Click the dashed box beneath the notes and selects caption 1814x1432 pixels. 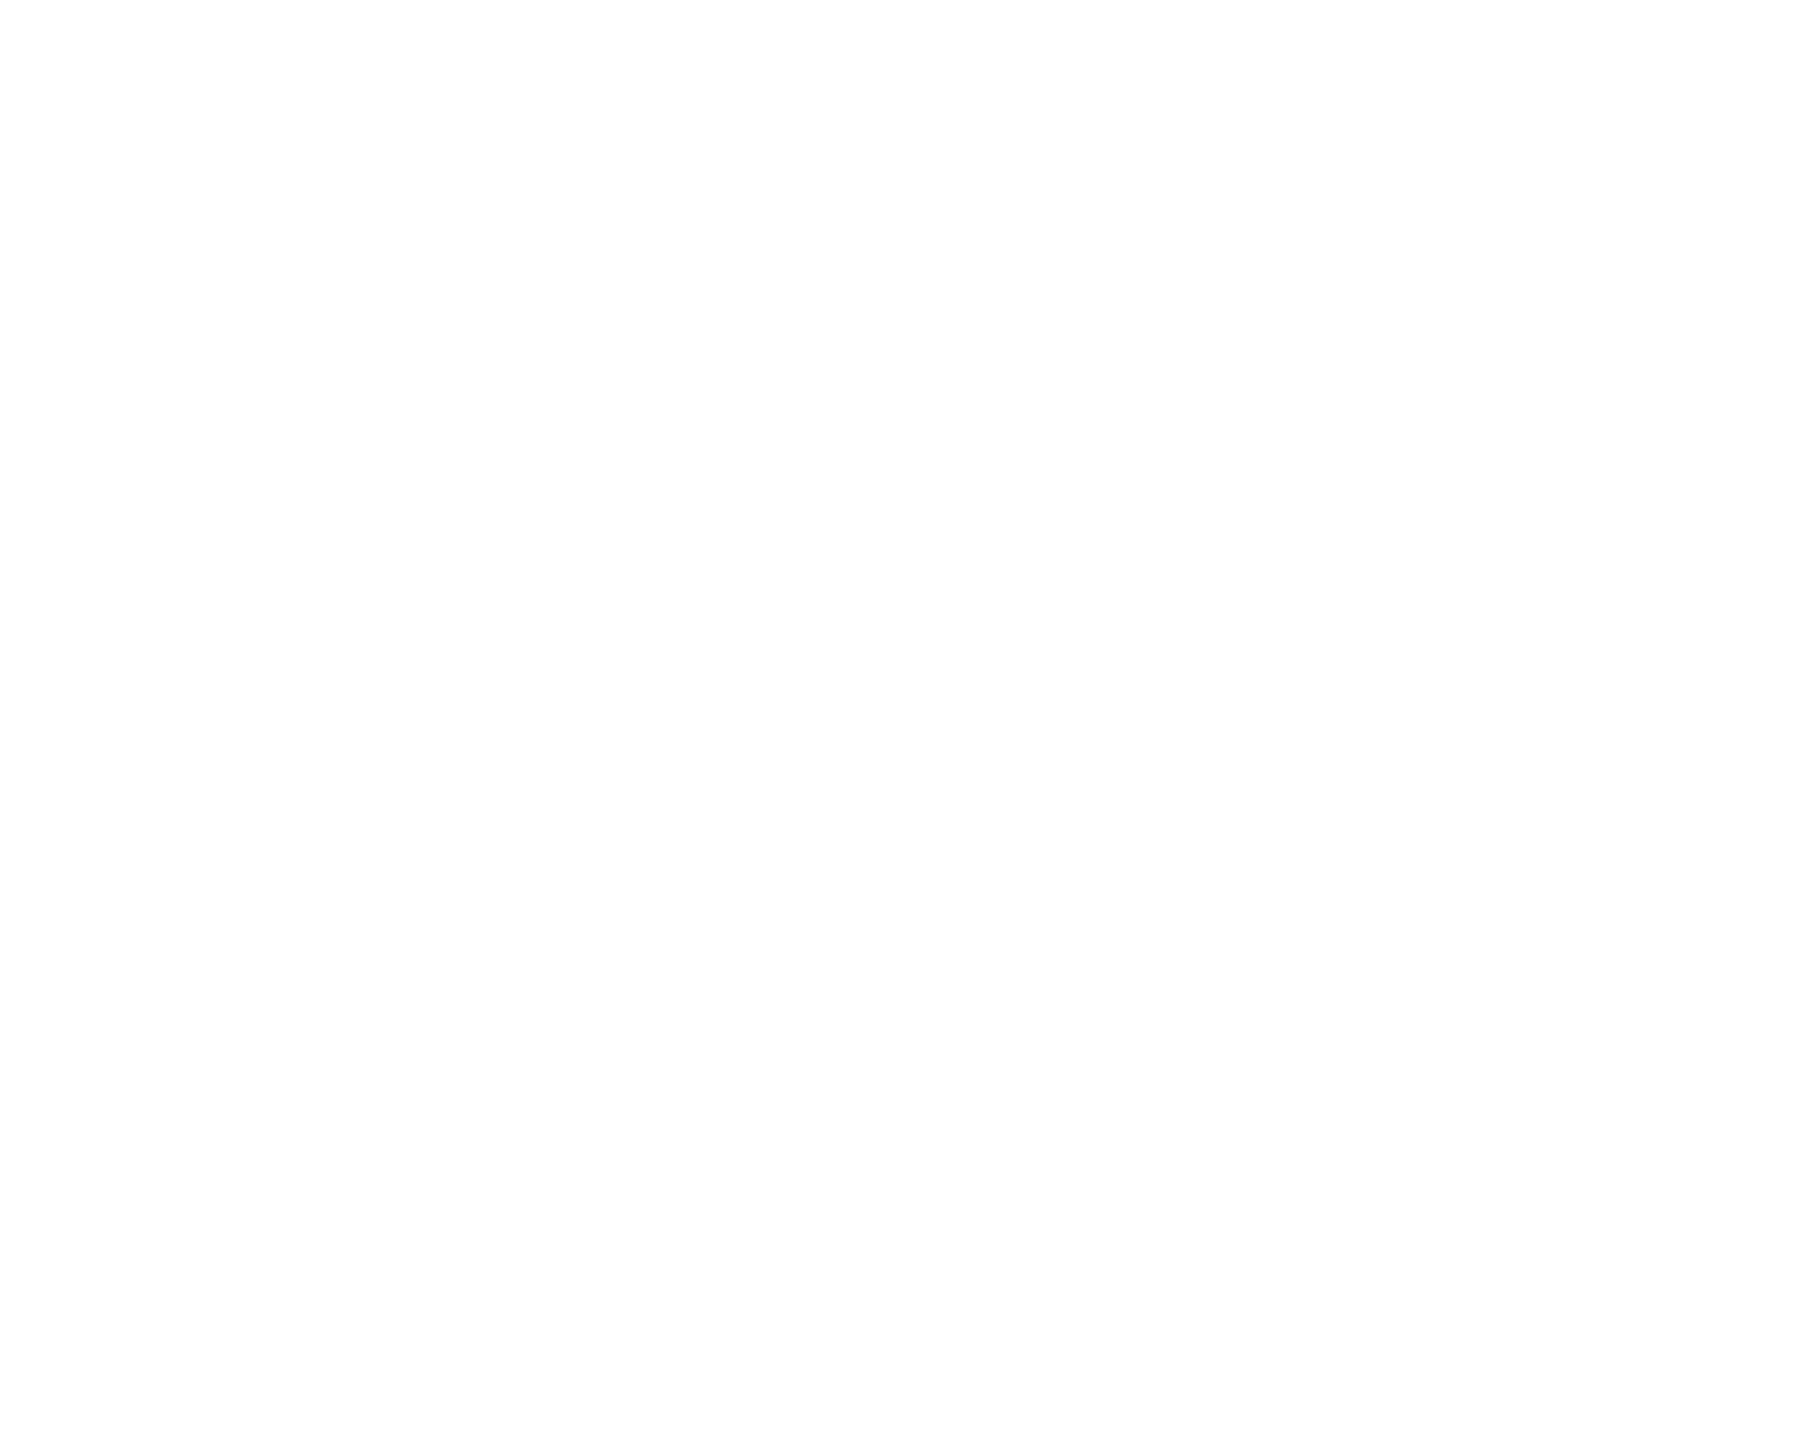[729, 539]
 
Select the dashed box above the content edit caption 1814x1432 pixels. [1084, 882]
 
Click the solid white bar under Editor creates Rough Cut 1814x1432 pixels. [1250, 711]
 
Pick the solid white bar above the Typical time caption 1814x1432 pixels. [562, 711]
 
